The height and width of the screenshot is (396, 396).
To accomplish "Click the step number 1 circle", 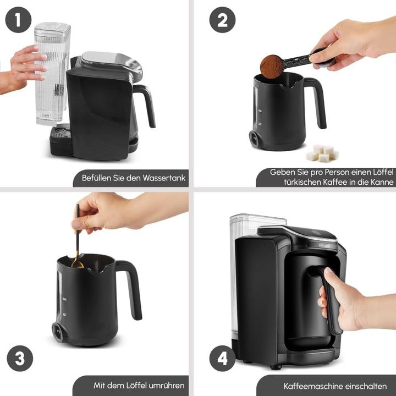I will click(18, 20).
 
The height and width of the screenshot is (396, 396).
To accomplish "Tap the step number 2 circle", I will click(222, 20).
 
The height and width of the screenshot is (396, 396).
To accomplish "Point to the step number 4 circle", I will click(222, 360).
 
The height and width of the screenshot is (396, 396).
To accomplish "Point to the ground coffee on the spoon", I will click(272, 66).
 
